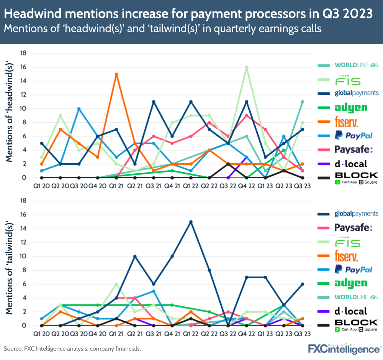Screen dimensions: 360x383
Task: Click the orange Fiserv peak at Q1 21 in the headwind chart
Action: [x=116, y=74]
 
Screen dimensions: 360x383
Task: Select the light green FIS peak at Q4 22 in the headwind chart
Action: [x=247, y=67]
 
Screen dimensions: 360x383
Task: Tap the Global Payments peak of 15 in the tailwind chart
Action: [x=190, y=222]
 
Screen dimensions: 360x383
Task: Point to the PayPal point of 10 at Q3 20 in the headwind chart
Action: [x=79, y=109]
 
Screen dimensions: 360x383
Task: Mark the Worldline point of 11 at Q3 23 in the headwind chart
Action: [x=303, y=102]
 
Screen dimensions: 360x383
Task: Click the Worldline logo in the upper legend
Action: [x=356, y=65]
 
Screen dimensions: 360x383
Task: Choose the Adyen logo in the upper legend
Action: [x=351, y=107]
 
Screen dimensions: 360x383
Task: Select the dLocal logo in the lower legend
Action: [x=350, y=311]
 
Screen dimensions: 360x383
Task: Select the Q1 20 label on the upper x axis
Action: [x=41, y=185]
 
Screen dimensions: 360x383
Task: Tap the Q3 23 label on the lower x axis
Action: [x=303, y=333]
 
